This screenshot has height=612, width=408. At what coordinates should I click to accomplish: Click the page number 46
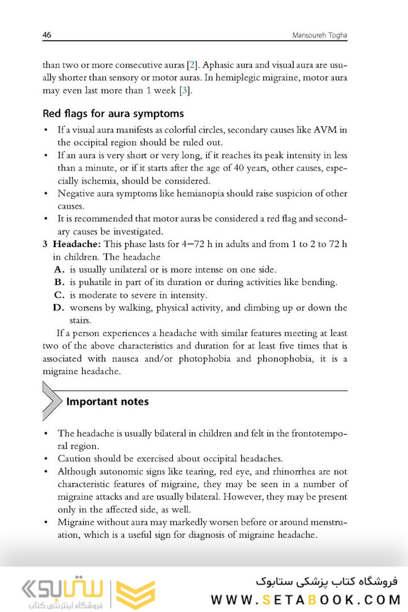click(47, 35)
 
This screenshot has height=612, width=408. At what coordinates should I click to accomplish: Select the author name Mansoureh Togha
click(319, 36)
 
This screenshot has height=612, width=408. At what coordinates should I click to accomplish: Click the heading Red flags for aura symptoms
click(113, 114)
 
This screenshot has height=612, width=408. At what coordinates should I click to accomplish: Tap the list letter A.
click(59, 269)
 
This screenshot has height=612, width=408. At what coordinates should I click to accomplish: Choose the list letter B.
click(59, 282)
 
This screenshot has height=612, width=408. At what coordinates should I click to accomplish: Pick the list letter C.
click(59, 295)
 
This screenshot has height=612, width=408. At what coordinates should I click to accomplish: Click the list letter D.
click(59, 308)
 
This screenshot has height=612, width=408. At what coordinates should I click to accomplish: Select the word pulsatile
click(95, 282)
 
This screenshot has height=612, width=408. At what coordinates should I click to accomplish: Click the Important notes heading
click(108, 402)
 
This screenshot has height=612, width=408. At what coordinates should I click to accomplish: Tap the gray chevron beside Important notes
click(51, 401)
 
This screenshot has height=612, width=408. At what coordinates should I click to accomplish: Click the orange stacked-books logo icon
click(135, 593)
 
